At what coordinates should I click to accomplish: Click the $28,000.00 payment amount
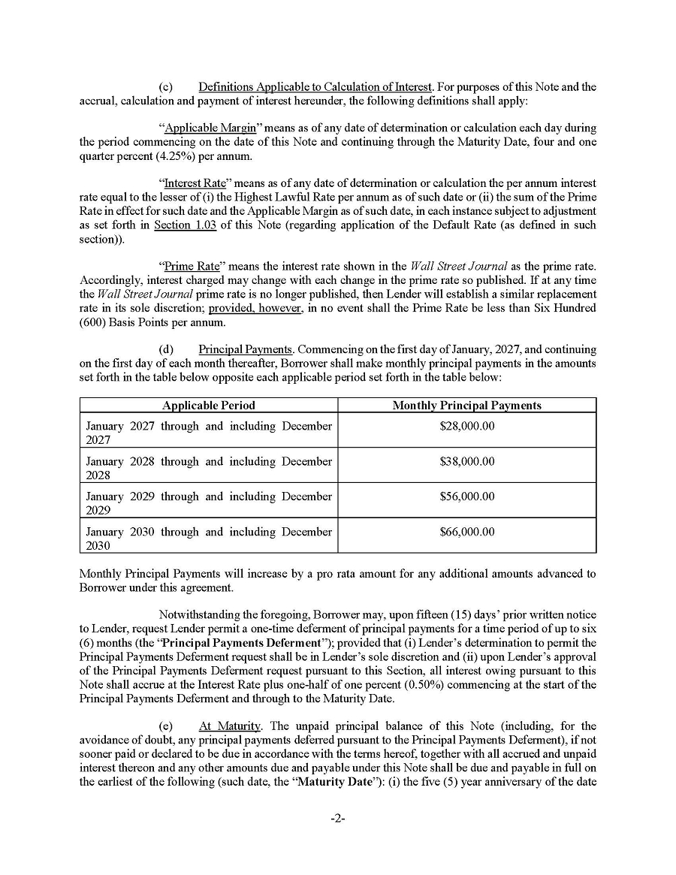(466, 426)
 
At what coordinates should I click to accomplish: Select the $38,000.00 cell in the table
(466, 461)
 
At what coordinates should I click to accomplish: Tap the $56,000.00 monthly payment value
(466, 496)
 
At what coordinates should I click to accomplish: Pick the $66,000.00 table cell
(466, 532)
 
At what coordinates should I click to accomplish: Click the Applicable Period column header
(208, 406)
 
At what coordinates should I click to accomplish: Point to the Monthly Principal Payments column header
(466, 406)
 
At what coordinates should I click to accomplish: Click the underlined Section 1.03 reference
(185, 225)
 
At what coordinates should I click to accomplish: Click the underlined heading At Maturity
(230, 726)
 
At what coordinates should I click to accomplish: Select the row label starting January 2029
(208, 502)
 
